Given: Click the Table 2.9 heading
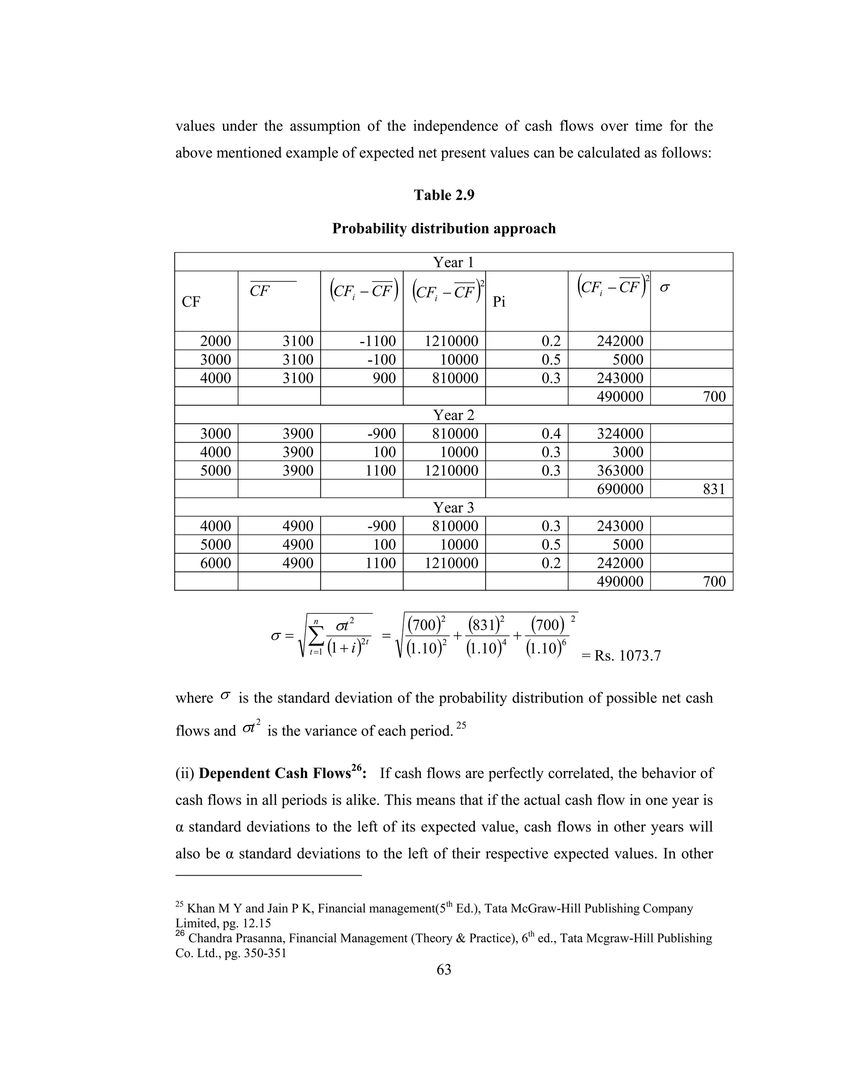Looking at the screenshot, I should point(444,195).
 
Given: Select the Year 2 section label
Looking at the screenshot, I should point(453,415).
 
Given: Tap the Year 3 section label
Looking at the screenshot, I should point(453,507).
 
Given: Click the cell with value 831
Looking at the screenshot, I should point(713,489).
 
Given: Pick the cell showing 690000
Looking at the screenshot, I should point(620,489).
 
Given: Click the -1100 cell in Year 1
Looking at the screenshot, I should point(377,341).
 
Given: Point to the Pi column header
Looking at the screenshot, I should point(499,302).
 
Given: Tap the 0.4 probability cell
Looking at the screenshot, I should point(551,433).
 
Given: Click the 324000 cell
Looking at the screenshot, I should point(620,433).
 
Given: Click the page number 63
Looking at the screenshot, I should point(444,969).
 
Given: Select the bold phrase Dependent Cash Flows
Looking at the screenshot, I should point(274,773).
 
